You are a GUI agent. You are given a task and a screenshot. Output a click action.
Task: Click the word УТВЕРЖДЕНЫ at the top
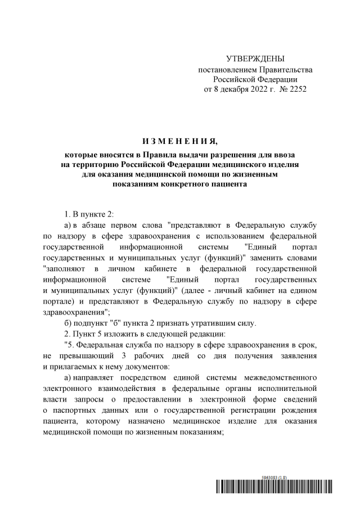point(255,59)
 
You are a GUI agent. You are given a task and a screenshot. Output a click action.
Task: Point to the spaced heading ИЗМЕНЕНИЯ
point(179,141)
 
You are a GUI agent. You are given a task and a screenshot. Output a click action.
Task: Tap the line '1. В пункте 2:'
point(89,216)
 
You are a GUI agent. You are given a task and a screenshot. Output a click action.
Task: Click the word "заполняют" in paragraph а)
point(63,269)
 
